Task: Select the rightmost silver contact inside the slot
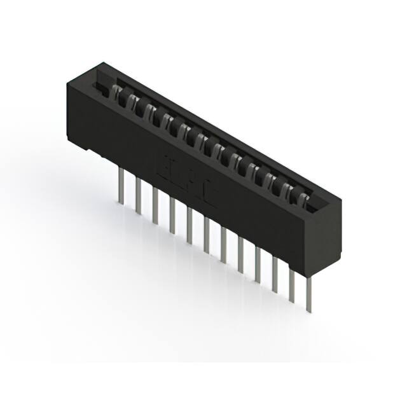(x=308, y=202)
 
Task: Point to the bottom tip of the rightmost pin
(x=310, y=311)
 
